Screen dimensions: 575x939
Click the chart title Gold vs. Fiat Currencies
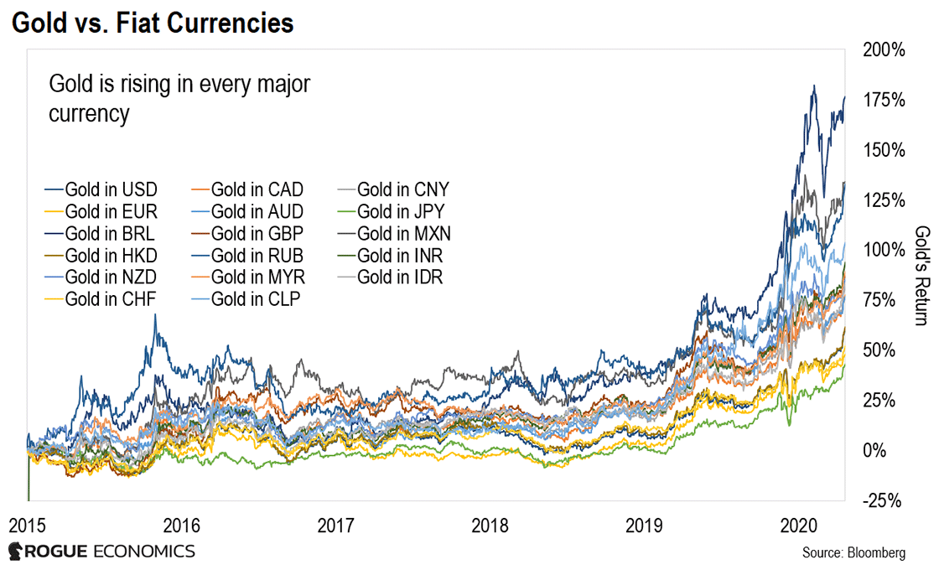click(153, 23)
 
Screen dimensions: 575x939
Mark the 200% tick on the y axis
click(885, 50)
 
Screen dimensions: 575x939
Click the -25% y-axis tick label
click(885, 500)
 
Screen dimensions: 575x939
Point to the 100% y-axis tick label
click(885, 251)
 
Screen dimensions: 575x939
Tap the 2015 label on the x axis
click(28, 526)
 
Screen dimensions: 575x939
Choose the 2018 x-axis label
click(491, 526)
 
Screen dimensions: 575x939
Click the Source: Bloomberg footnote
click(853, 553)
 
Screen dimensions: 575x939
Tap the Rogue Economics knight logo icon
click(16, 552)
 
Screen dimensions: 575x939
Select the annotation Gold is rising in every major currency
click(179, 98)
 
